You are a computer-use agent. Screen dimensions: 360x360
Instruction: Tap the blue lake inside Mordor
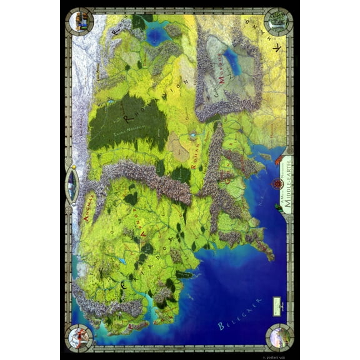click(x=232, y=61)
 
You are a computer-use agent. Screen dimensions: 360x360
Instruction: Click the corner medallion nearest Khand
click(x=277, y=22)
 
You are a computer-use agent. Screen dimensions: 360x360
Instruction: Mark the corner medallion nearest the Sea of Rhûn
click(x=81, y=22)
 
